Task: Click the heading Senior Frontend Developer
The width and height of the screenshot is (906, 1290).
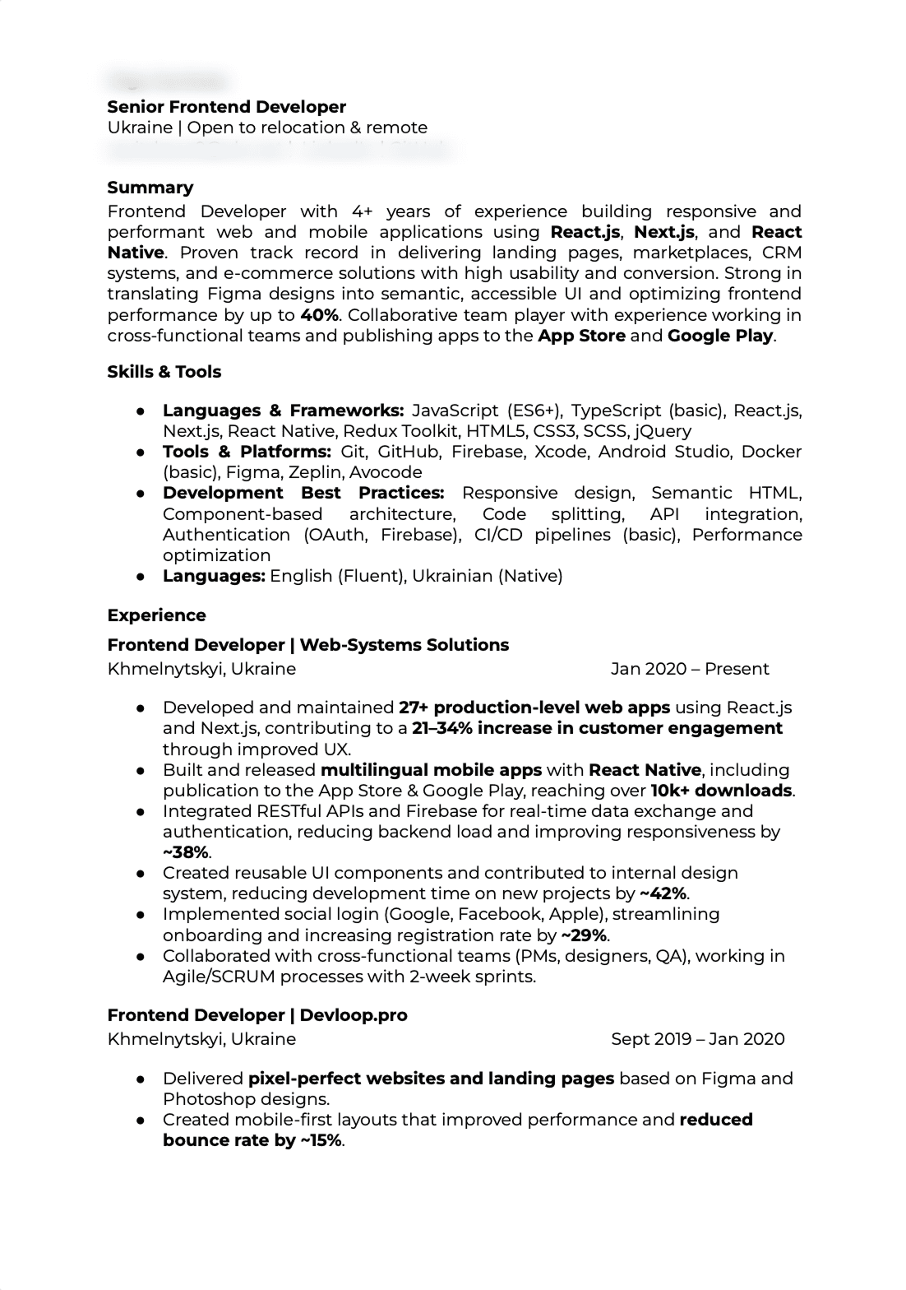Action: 226,107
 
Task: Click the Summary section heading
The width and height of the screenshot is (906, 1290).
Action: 150,188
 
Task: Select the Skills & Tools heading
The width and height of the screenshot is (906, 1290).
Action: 164,372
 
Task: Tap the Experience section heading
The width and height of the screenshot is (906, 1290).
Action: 156,615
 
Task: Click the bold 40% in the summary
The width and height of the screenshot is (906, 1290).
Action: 319,315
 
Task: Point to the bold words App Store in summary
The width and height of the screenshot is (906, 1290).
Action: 581,336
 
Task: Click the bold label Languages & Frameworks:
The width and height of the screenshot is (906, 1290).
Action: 283,411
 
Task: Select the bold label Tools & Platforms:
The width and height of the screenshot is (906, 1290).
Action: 246,452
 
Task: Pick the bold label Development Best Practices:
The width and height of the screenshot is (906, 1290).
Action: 303,493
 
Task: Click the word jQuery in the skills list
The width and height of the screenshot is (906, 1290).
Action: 663,431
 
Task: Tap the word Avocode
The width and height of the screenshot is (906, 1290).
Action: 386,472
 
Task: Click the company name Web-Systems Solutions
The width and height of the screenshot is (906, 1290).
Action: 404,645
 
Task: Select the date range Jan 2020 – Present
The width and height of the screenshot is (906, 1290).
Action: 690,669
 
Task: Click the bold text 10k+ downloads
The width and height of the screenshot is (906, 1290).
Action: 721,791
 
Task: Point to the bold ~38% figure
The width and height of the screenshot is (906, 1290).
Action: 185,852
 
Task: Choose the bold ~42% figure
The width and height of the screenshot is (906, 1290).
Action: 663,893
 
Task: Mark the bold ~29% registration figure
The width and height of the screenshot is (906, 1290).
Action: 585,935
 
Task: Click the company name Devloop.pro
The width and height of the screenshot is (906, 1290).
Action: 354,1015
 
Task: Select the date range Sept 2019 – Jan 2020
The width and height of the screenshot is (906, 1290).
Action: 697,1039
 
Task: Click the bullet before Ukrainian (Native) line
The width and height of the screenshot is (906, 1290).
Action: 141,576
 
